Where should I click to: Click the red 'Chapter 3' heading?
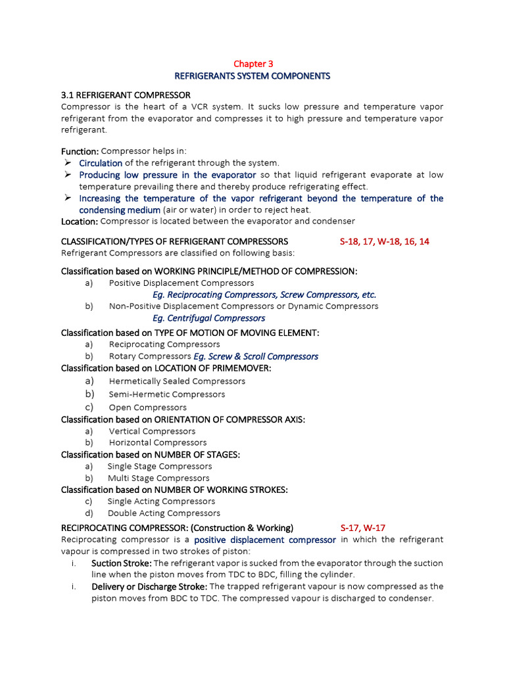click(253, 64)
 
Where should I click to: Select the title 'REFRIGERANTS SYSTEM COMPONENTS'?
click(252, 76)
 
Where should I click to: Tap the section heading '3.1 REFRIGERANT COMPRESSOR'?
click(126, 95)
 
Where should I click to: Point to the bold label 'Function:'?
click(80, 151)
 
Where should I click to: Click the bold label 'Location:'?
click(80, 221)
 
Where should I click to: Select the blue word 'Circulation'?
click(101, 163)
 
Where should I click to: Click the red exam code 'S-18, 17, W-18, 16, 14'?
click(384, 241)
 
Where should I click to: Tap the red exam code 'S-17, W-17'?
click(362, 528)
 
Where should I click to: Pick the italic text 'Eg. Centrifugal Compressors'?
click(208, 318)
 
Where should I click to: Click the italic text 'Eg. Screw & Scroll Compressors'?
click(256, 356)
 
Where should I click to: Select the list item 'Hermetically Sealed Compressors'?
click(177, 381)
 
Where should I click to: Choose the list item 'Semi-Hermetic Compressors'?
click(167, 394)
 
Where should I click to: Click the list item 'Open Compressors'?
click(148, 407)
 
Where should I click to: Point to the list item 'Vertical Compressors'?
click(152, 431)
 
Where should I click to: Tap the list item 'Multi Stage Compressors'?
click(158, 478)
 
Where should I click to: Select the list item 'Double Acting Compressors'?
click(164, 513)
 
